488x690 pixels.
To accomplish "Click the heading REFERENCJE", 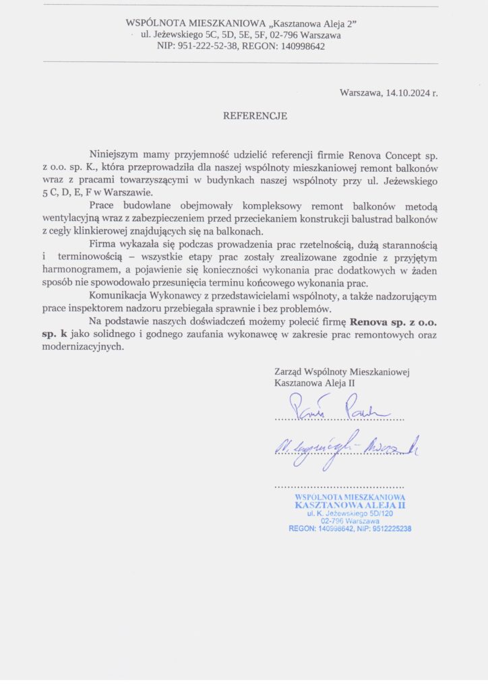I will click(255, 116).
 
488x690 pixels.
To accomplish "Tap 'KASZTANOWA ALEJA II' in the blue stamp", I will click(350, 504).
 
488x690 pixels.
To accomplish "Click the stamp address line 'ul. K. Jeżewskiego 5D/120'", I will click(350, 513).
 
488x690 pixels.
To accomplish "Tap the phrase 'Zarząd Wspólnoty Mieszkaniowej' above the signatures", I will click(342, 371).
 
